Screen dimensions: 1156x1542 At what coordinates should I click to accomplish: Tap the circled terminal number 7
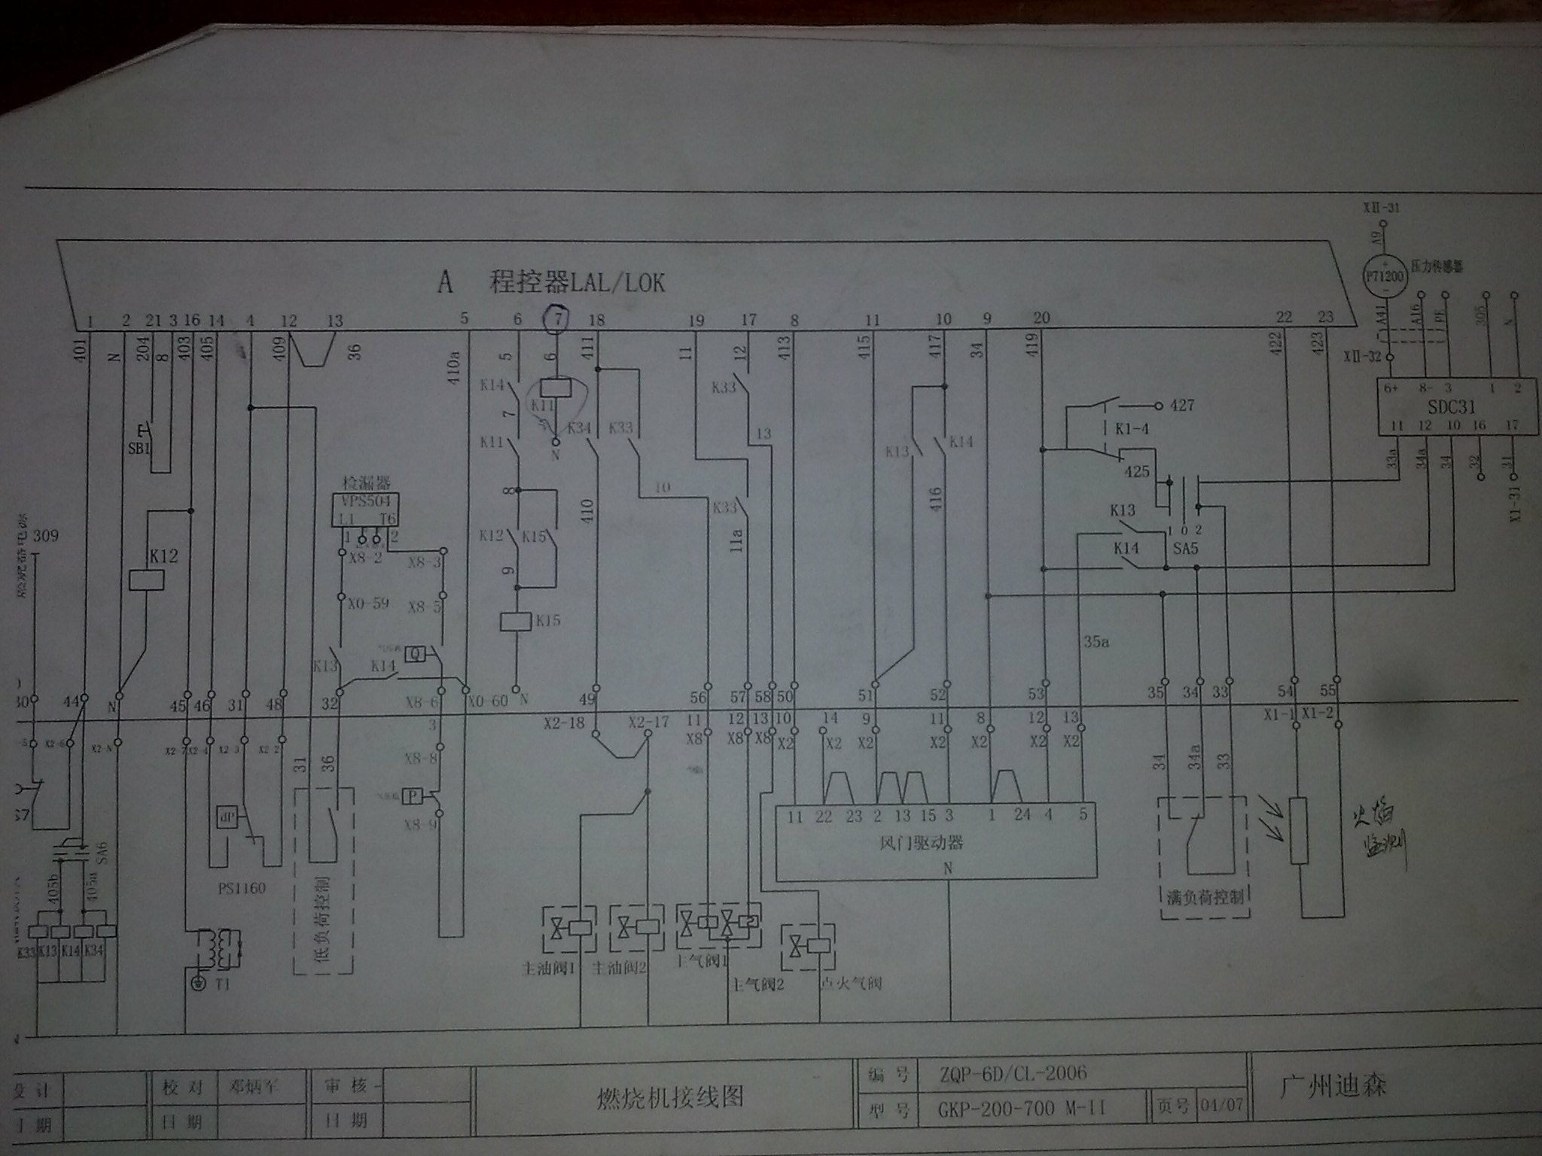(557, 318)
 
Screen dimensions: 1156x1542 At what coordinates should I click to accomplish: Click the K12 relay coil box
(148, 580)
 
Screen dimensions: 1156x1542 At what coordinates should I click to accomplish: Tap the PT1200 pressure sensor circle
(1385, 277)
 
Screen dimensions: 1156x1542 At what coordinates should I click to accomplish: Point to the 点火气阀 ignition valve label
(850, 983)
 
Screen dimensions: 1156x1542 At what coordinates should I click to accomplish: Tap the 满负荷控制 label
(1202, 897)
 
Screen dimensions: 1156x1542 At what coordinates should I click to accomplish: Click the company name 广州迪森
(1333, 1086)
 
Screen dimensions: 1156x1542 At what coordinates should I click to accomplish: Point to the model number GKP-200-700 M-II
(1020, 1108)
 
